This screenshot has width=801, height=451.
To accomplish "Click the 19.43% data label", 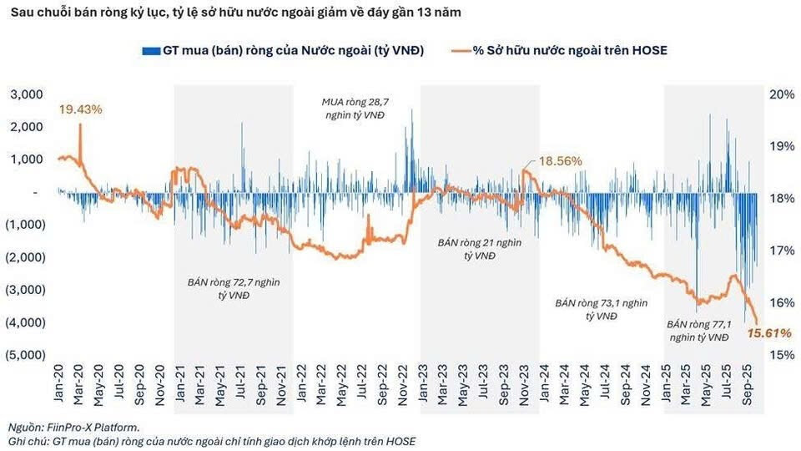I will coord(80,109).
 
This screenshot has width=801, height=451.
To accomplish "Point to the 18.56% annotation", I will coord(560,161).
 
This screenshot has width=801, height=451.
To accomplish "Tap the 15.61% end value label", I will coord(768,333).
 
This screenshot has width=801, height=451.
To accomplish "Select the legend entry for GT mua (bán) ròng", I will coord(284,50).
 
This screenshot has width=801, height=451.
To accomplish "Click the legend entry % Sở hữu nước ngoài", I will coord(569,50).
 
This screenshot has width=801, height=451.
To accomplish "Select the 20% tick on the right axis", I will coord(779,94).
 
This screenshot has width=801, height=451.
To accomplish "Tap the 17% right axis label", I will coord(779,250).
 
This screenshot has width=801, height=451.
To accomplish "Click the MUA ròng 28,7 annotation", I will coord(355,109).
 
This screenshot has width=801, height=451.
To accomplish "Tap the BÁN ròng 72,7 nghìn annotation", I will coord(233,289).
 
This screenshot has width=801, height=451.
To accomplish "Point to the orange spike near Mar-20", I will coord(80,127).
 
